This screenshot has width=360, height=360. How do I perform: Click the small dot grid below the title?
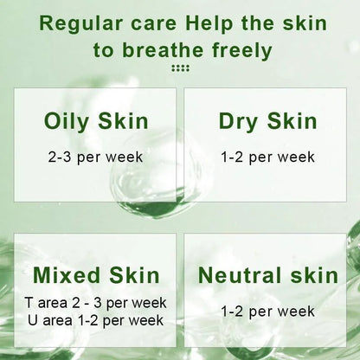[180, 69]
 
